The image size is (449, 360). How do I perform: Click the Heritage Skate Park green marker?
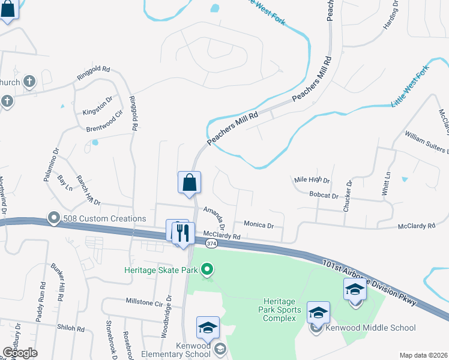coord(207,270)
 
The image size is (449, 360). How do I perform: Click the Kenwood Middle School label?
coord(370,328)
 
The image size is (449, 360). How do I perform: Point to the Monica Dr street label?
coord(259,225)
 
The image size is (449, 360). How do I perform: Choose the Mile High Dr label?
coord(312,180)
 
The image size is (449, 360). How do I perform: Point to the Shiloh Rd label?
coord(71,328)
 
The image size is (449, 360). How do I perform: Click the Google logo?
coord(20,352)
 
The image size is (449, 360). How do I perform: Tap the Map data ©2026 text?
coord(423,355)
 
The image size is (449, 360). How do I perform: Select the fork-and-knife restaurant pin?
coord(183,234)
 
